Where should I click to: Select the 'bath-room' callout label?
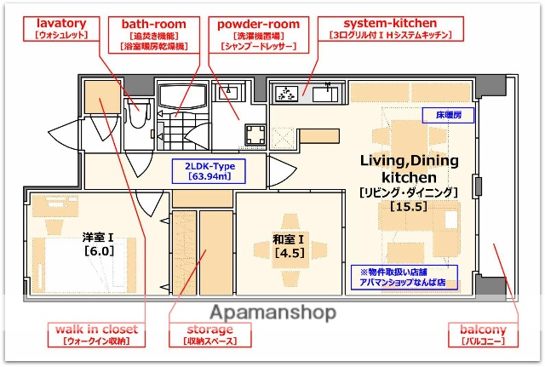pos(153,29)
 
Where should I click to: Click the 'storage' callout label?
pos(209,334)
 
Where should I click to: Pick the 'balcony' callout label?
pos(483,334)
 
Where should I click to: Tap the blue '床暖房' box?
pos(448,113)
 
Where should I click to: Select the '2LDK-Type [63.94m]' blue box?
pos(209,171)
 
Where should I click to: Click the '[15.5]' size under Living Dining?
pos(408,206)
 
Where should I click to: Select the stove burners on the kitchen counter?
pos(287,93)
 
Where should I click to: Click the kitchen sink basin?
pos(324,93)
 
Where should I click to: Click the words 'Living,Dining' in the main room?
pos(409,160)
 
